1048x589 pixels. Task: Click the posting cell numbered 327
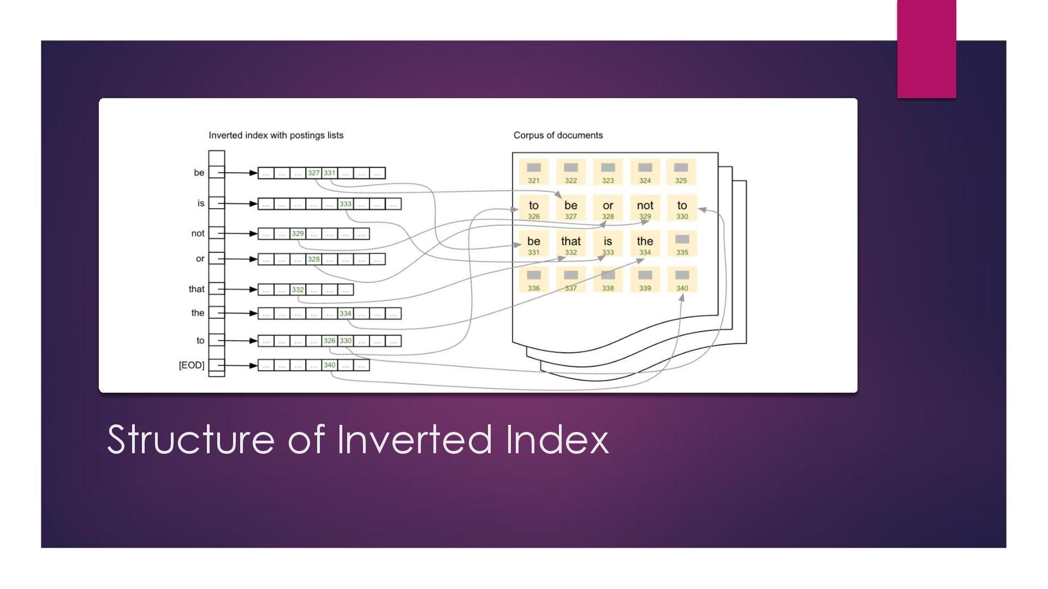pos(313,173)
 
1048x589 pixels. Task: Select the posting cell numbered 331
pos(330,173)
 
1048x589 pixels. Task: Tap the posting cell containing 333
pos(346,204)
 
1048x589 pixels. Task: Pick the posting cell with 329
pos(297,233)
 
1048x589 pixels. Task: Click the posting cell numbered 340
pos(330,365)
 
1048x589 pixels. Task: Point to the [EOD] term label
pos(192,365)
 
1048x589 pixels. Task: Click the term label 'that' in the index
pos(196,289)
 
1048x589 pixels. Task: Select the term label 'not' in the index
pos(198,233)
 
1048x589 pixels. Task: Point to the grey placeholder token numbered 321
pos(534,172)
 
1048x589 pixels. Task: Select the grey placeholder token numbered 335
pos(682,244)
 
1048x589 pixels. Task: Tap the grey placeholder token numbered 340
pos(682,280)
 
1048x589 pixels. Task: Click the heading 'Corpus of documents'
pos(558,135)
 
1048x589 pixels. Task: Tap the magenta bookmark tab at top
pos(926,49)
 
